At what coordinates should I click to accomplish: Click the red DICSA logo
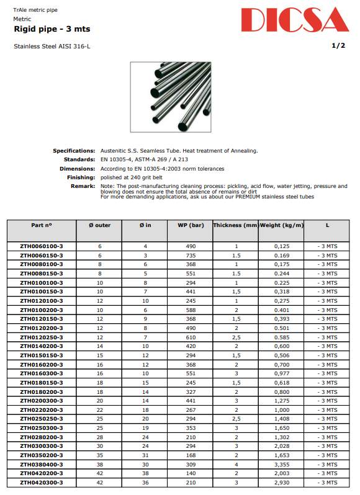(x=295, y=20)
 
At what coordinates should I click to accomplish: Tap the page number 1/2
(x=338, y=46)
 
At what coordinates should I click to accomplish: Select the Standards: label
(x=80, y=159)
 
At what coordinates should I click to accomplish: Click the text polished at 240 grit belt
(x=132, y=177)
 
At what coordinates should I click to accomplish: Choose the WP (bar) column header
(x=191, y=225)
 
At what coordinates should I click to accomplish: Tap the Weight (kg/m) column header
(x=282, y=225)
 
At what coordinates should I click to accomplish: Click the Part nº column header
(x=41, y=225)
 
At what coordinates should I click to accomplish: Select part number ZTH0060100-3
(x=41, y=246)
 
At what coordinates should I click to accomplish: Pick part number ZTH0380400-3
(x=41, y=464)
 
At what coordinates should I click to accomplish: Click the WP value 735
(x=191, y=255)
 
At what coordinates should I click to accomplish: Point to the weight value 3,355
(x=282, y=464)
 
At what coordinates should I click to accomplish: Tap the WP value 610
(x=191, y=337)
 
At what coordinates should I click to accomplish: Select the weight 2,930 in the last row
(x=282, y=482)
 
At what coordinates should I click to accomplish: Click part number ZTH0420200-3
(x=41, y=473)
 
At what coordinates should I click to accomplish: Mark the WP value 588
(x=191, y=310)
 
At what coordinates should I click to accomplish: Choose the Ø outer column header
(x=99, y=225)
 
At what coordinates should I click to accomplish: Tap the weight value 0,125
(x=282, y=246)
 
